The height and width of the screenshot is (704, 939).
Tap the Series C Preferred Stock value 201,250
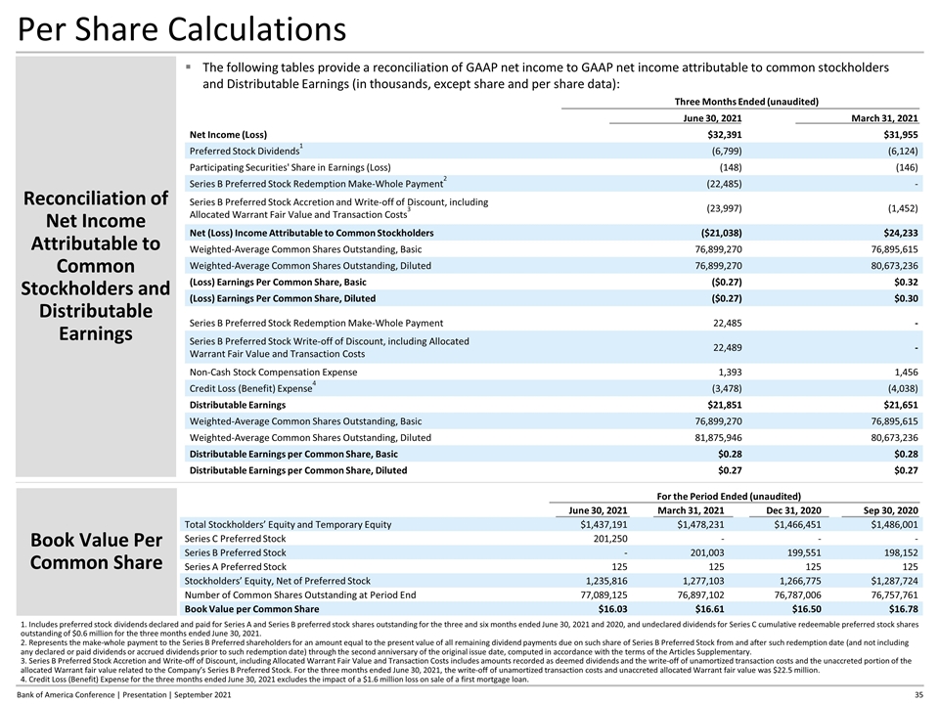click(x=605, y=539)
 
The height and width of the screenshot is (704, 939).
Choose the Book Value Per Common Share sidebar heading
click(x=96, y=550)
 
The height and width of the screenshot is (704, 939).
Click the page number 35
click(x=917, y=693)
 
